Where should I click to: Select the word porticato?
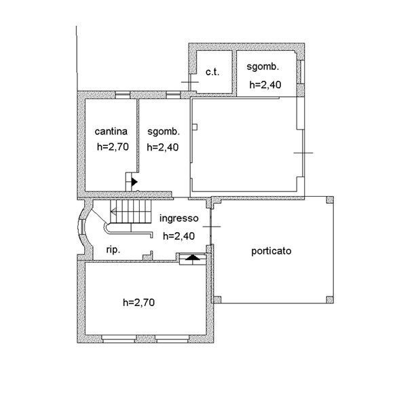pos(271,250)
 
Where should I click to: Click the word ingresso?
pos(178,219)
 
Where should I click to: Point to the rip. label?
pos(113,250)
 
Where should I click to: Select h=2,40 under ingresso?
pos(179,236)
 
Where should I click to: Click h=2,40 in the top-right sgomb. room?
pos(265,85)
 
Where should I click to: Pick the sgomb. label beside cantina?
pos(163,132)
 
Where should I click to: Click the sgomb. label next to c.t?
pos(264,68)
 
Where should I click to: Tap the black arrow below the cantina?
pos(134,182)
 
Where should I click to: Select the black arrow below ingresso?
pos(193,257)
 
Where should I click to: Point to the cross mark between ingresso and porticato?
pos(212,226)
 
